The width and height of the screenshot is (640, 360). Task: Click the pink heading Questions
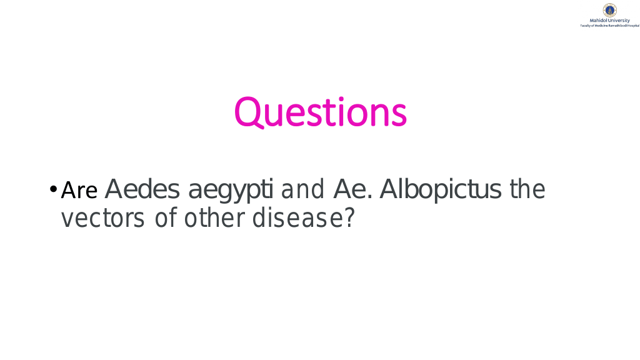[321, 112]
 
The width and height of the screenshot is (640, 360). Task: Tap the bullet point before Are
[53, 189]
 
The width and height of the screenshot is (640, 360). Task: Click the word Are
[79, 190]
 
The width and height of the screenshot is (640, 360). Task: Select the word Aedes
[142, 189]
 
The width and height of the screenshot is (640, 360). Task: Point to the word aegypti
[231, 191]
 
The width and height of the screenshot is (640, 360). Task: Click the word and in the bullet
[302, 189]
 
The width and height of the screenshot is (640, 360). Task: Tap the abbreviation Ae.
[353, 189]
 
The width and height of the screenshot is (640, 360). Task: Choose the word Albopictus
[441, 190]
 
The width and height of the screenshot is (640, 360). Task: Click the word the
[527, 189]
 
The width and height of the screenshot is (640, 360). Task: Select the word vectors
[103, 218]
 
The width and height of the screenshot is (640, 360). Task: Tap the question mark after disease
[349, 217]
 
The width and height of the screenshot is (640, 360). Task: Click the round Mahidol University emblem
[610, 10]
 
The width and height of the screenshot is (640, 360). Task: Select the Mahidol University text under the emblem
[610, 21]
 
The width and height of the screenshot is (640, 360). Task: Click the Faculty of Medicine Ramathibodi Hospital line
[610, 26]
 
